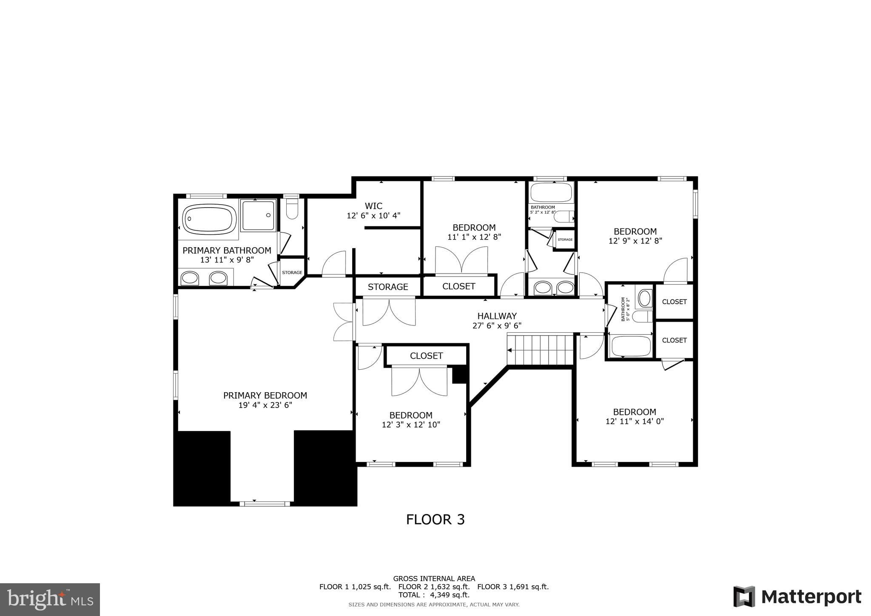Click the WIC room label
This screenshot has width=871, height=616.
(373, 206)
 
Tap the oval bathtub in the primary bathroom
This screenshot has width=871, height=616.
(209, 219)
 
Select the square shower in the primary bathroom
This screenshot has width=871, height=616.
(258, 215)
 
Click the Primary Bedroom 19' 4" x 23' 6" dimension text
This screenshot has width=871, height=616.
(265, 405)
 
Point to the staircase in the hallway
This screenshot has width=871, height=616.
(540, 350)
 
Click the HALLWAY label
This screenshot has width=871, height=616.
(497, 316)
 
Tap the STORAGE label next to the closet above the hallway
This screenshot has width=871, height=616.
(387, 287)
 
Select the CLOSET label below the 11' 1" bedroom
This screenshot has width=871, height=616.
(458, 287)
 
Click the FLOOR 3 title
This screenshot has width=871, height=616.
(435, 520)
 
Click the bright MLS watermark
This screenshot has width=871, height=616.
(50, 599)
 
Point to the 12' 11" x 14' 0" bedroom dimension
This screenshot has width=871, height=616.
(635, 422)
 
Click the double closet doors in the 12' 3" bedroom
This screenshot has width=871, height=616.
(419, 381)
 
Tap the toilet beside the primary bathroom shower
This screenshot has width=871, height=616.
(292, 209)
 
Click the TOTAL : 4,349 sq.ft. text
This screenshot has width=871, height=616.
(434, 595)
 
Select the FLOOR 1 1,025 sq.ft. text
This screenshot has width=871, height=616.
(355, 587)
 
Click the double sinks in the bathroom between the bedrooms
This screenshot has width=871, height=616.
(554, 287)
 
